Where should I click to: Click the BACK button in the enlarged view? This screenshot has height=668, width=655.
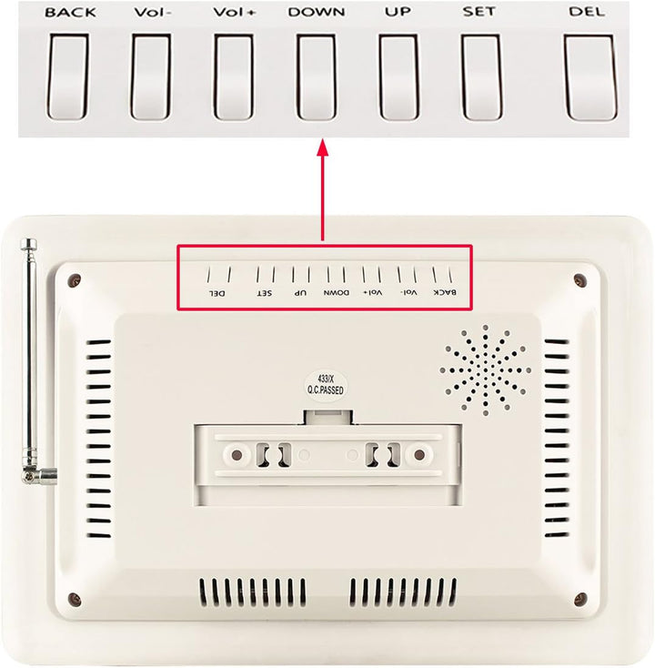tap(67, 76)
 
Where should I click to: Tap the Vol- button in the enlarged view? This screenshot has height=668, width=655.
tap(151, 76)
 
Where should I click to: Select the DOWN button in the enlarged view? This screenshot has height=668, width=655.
tap(317, 76)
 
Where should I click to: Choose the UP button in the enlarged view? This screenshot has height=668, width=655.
tap(398, 76)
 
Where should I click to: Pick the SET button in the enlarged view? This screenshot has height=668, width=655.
tap(481, 76)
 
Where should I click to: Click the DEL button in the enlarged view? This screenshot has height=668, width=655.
tap(589, 76)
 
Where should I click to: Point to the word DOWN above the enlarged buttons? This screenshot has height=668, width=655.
tap(317, 12)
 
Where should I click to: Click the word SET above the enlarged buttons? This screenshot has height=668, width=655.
tap(479, 12)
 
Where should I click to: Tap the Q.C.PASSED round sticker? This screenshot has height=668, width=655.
tap(326, 386)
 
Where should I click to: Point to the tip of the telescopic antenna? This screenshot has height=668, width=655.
tap(28, 241)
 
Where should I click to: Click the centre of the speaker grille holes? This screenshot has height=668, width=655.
tap(485, 369)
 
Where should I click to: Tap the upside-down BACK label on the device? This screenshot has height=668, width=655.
tap(445, 292)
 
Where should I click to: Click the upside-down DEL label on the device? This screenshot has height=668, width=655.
tap(217, 293)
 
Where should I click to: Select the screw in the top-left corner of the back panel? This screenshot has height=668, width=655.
tap(76, 280)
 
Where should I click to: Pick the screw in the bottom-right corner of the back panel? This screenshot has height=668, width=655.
tap(580, 599)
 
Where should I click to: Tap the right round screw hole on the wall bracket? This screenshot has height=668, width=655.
tap(419, 454)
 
